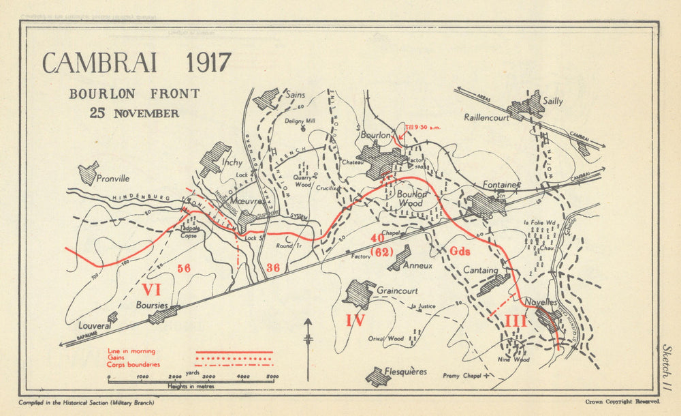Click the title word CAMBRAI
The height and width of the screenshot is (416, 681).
99,63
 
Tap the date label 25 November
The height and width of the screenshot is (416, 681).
134,113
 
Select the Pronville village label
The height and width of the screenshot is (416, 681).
113,179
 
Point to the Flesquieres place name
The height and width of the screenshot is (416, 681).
405,372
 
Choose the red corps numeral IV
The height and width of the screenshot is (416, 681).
355,320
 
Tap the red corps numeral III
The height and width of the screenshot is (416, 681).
515,321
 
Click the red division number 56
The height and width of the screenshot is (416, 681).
183,268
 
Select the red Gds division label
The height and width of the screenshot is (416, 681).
460,251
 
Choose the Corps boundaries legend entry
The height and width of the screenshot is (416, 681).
133,364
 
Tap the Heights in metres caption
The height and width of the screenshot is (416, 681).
194,387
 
